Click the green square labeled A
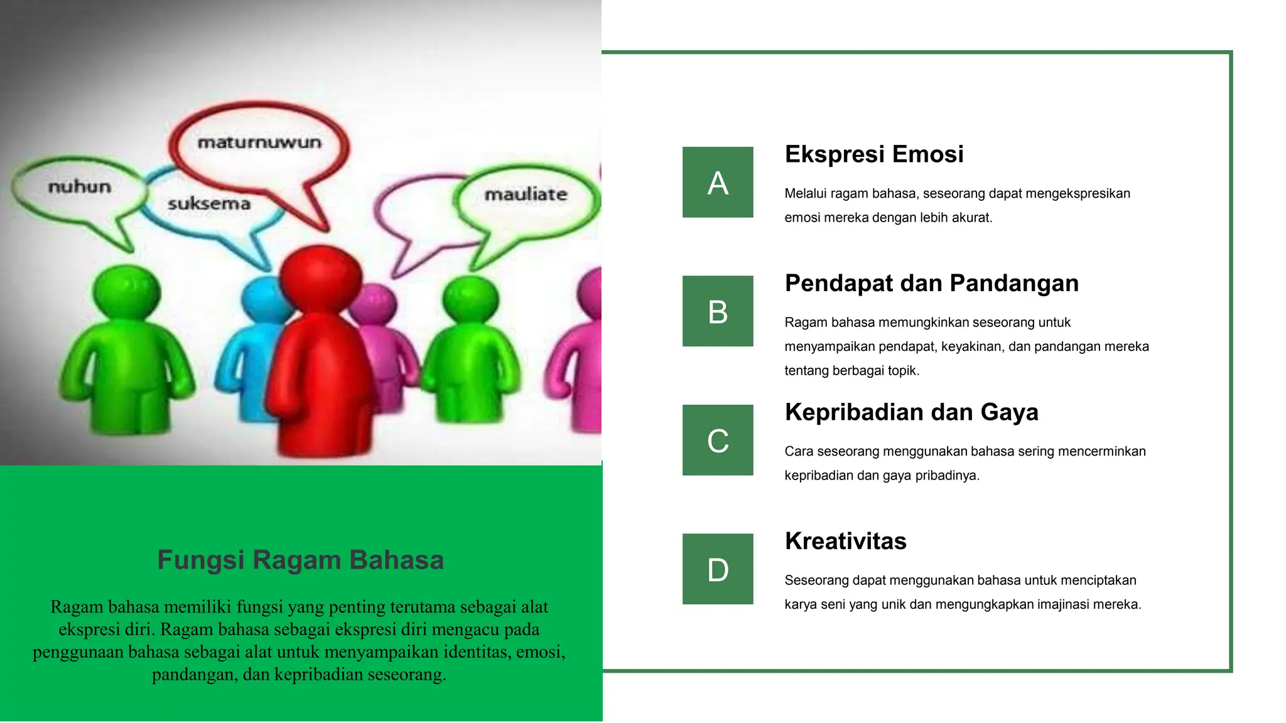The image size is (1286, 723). coord(718,182)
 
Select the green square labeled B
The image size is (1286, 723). coord(718,311)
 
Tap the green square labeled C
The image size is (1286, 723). coord(718,440)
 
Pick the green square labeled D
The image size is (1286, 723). coord(718,569)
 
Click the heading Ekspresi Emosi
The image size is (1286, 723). coord(873,154)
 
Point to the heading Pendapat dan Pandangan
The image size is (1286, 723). coord(931,284)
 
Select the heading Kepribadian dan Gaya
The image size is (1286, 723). coord(911,412)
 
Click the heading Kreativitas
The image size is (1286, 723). coord(845,541)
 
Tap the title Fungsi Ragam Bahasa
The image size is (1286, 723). coord(300,560)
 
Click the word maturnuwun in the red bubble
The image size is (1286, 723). coord(259,143)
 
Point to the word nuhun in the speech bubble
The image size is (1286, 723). coord(80,187)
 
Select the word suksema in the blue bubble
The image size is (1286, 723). coord(209,204)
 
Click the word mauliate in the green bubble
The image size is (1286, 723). coord(526,195)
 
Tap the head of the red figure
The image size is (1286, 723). coord(320,276)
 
